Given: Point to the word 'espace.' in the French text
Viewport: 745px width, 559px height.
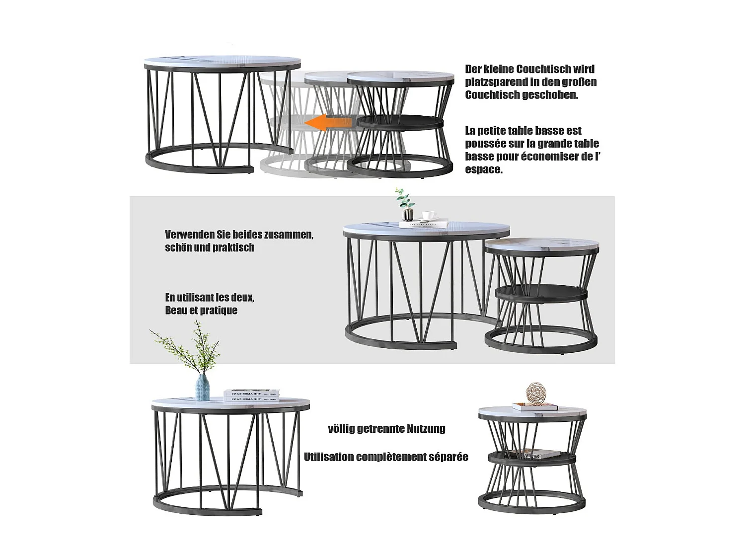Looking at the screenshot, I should click(484, 169).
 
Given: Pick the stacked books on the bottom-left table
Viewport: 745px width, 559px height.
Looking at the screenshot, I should click(250, 395).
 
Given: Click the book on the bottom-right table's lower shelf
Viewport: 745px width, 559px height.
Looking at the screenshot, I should click(534, 454).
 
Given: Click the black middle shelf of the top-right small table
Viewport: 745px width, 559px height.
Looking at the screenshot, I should click(400, 122).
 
